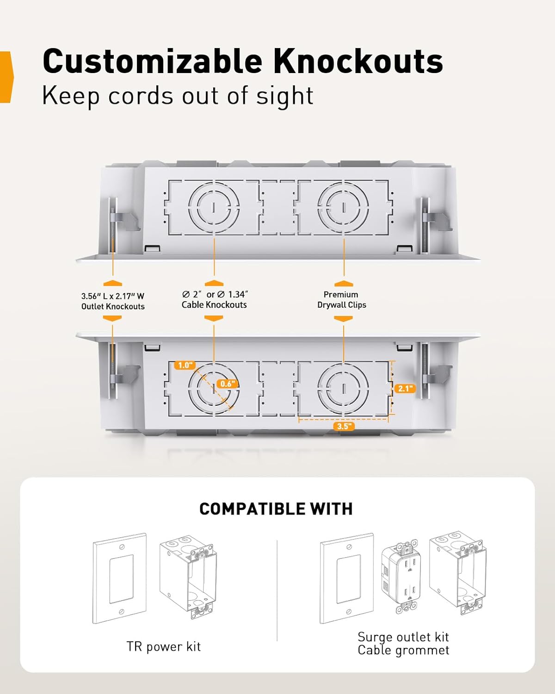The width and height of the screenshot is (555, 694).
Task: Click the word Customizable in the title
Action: coord(152,61)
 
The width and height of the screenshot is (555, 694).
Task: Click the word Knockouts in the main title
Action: coord(358,61)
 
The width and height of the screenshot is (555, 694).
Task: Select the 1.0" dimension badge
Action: coord(185,365)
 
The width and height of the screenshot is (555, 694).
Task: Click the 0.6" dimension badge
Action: coord(228,384)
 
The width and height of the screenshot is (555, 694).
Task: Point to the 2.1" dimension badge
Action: coord(405,388)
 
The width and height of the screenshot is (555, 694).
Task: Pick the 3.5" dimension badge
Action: coord(344,426)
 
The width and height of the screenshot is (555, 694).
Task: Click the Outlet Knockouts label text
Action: coord(113,306)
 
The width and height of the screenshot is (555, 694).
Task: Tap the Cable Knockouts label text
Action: coord(214,305)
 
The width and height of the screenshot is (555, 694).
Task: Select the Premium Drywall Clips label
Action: coord(342,300)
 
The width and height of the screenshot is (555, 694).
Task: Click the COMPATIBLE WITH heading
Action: coord(276,509)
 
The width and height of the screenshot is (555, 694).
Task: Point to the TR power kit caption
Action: coord(164,646)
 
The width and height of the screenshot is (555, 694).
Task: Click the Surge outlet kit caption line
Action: coord(403,637)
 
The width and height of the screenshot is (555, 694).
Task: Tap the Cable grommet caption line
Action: coord(403,650)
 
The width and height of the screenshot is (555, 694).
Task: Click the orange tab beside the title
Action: coord(6,77)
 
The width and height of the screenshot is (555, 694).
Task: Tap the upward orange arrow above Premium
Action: coord(344,284)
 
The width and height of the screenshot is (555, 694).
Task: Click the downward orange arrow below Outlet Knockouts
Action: coord(112,318)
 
